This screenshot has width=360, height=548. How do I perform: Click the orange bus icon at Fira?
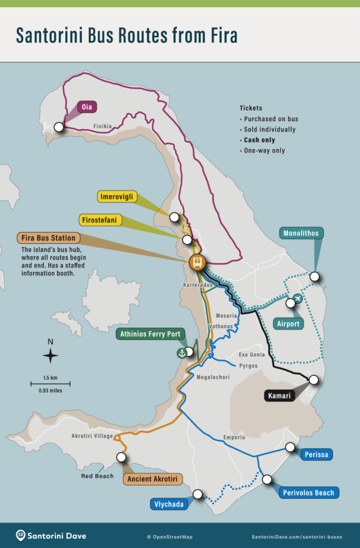click(x=197, y=262)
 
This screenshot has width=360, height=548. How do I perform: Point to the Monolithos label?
click(x=301, y=233)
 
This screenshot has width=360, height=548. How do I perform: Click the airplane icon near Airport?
click(x=297, y=299)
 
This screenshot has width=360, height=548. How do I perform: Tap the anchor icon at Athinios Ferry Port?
click(x=181, y=353)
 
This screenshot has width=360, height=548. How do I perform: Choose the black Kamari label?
click(x=279, y=396)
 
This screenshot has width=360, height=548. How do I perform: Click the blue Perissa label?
click(x=317, y=454)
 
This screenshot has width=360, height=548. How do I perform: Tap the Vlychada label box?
click(x=169, y=504)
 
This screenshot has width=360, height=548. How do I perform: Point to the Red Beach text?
click(x=97, y=476)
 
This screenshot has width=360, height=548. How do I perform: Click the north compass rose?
click(x=50, y=356)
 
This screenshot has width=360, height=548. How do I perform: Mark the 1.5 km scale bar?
click(x=50, y=383)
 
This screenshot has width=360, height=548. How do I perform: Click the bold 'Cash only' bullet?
click(x=259, y=140)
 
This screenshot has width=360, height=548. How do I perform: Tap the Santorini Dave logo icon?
click(x=21, y=535)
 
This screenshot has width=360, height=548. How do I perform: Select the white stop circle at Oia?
click(x=58, y=127)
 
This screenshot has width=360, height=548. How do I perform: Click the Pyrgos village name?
click(x=248, y=366)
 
